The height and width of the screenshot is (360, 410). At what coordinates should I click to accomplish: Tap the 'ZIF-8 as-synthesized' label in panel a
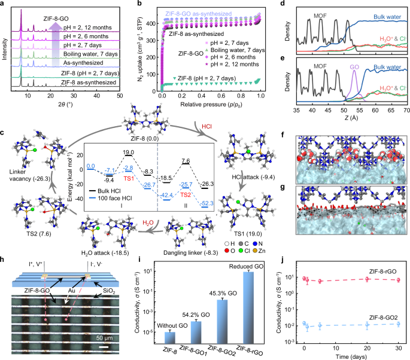(90, 88)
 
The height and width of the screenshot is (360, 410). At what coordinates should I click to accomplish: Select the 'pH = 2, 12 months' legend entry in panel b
(229, 62)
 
